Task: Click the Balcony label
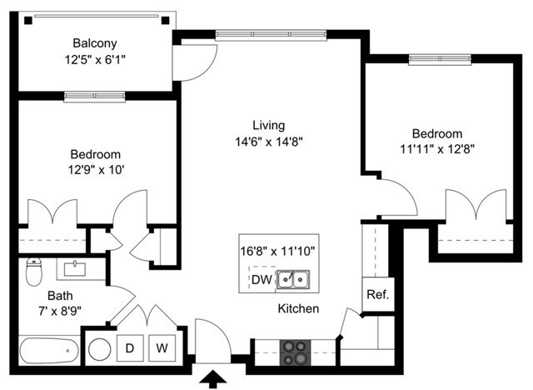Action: (95, 43)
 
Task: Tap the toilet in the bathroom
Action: (33, 272)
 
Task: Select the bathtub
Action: (50, 350)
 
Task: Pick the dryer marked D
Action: (130, 348)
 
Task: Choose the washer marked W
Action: (162, 348)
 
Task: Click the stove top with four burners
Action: (295, 352)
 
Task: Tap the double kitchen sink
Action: (293, 279)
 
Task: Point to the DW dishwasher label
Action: (262, 279)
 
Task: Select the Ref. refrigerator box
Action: (378, 294)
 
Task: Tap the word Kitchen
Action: (298, 308)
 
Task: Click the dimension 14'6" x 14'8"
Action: (269, 142)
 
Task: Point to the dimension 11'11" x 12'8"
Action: (437, 149)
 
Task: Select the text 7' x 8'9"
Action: (60, 311)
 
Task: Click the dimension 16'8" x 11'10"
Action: (277, 252)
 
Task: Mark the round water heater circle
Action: (100, 349)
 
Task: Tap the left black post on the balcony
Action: (28, 21)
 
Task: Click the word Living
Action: (268, 126)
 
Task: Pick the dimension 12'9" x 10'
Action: (96, 169)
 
